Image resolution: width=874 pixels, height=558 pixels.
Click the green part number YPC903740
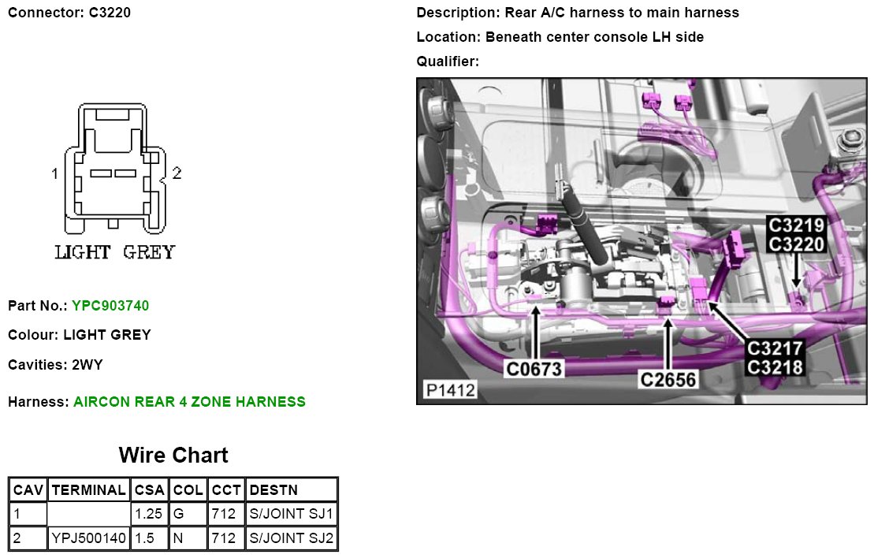point(110,306)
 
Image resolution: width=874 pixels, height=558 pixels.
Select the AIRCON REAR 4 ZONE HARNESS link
point(189,402)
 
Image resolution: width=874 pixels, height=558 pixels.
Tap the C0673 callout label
point(534,369)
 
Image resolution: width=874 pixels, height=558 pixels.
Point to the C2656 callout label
point(668,380)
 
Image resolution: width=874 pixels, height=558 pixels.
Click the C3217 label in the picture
point(775,348)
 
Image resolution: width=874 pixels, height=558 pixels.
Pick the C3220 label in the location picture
point(796,244)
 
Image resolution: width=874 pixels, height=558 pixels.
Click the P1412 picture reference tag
point(450,389)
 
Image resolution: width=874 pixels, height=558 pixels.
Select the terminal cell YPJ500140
point(88,538)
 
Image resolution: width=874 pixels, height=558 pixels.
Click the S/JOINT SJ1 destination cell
point(292,513)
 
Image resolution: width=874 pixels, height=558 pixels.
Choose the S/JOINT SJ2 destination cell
point(292,538)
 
